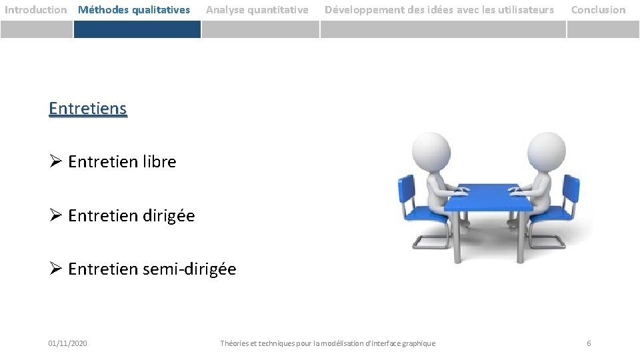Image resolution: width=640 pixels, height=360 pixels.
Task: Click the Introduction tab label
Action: (x=36, y=10)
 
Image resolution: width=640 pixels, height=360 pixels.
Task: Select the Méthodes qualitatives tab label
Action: (x=134, y=10)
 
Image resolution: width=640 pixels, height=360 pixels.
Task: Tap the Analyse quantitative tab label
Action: (x=257, y=10)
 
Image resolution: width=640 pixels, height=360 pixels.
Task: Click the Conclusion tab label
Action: (x=598, y=10)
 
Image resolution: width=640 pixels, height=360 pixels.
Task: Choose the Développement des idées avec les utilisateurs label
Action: (x=439, y=10)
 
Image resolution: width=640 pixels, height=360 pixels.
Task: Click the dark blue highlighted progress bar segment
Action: (x=137, y=29)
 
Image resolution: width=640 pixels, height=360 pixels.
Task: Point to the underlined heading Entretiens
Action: (x=87, y=108)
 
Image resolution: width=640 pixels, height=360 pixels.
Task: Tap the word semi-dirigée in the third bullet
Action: (x=189, y=269)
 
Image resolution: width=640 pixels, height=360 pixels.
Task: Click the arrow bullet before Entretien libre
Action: (x=55, y=161)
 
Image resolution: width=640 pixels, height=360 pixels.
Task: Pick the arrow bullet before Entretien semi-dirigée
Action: (x=55, y=269)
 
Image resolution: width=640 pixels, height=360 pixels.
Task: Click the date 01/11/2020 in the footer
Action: (x=67, y=343)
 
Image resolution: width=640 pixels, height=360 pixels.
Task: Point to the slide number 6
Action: (x=589, y=343)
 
